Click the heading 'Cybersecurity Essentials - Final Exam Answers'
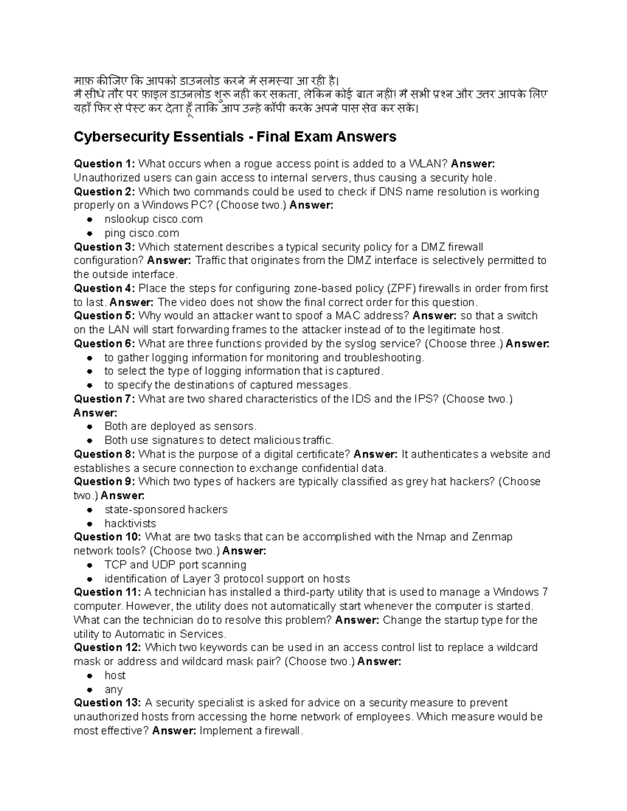pyautogui.click(x=235, y=137)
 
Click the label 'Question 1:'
pyautogui.click(x=104, y=164)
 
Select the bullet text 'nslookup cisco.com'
pyautogui.click(x=153, y=219)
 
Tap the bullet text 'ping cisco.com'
pyautogui.click(x=142, y=233)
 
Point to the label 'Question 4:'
pyautogui.click(x=104, y=288)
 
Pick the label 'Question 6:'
pyautogui.click(x=104, y=344)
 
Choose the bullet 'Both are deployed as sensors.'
pyautogui.click(x=180, y=427)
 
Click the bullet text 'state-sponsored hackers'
pyautogui.click(x=166, y=510)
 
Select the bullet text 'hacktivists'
pyautogui.click(x=130, y=524)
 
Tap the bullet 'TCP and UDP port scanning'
pyautogui.click(x=175, y=565)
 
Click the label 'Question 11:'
pyautogui.click(x=107, y=592)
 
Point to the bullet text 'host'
pyautogui.click(x=115, y=676)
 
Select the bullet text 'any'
pyautogui.click(x=113, y=690)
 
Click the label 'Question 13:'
pyautogui.click(x=107, y=703)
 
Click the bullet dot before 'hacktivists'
pyautogui.click(x=90, y=524)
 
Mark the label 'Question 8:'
pyautogui.click(x=104, y=454)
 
